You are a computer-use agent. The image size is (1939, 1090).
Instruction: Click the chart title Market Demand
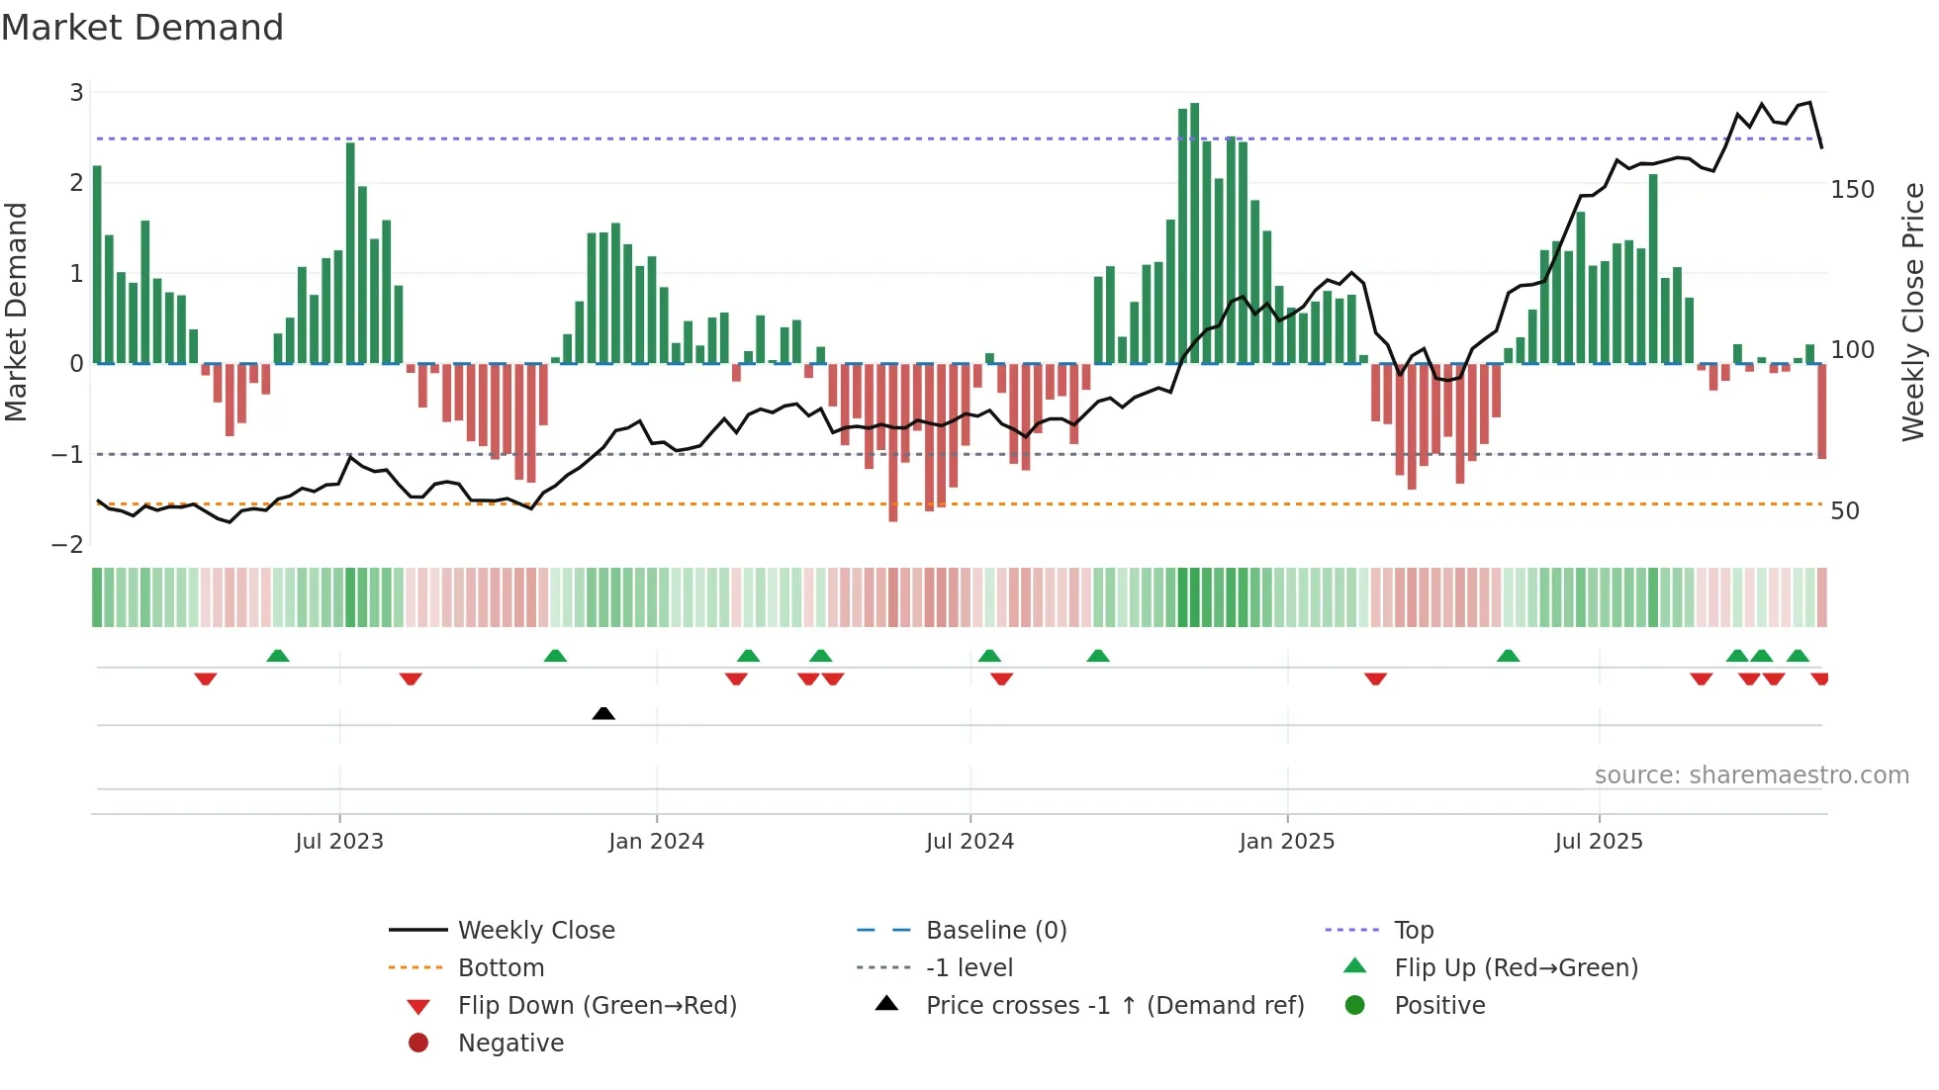pyautogui.click(x=142, y=28)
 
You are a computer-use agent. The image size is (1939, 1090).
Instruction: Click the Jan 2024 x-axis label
pyautogui.click(x=656, y=842)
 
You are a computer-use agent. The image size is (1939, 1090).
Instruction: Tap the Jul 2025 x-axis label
pyautogui.click(x=1598, y=842)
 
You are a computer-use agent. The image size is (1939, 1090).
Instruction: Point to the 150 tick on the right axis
pyautogui.click(x=1852, y=189)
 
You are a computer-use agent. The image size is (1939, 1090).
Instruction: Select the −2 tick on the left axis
pyautogui.click(x=67, y=544)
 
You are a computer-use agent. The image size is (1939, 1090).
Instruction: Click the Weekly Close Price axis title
pyautogui.click(x=1913, y=312)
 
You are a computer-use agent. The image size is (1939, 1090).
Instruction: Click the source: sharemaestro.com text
pyautogui.click(x=1751, y=775)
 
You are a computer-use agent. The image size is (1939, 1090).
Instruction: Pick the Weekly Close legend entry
pyautogui.click(x=535, y=930)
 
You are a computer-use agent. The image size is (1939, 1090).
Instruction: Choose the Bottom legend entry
pyautogui.click(x=501, y=967)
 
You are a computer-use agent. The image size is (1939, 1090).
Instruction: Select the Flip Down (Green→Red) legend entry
pyautogui.click(x=597, y=1005)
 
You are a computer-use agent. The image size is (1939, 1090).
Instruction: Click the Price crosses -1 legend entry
pyautogui.click(x=1114, y=1005)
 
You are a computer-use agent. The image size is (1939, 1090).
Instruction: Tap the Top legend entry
pyautogui.click(x=1413, y=930)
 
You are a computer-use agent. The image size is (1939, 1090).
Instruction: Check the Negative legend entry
pyautogui.click(x=510, y=1043)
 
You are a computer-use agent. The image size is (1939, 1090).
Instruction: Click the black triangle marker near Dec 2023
pyautogui.click(x=603, y=713)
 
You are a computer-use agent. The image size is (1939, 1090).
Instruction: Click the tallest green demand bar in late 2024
pyautogui.click(x=1195, y=232)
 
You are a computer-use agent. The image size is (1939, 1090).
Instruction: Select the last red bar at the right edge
pyautogui.click(x=1821, y=410)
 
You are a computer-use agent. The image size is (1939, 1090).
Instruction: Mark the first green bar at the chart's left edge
pyautogui.click(x=97, y=264)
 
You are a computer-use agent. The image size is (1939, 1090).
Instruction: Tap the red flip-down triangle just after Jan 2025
pyautogui.click(x=1375, y=679)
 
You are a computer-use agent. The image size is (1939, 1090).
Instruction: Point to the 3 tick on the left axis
pyautogui.click(x=76, y=92)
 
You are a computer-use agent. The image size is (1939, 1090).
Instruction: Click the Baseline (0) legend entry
pyautogui.click(x=995, y=930)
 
